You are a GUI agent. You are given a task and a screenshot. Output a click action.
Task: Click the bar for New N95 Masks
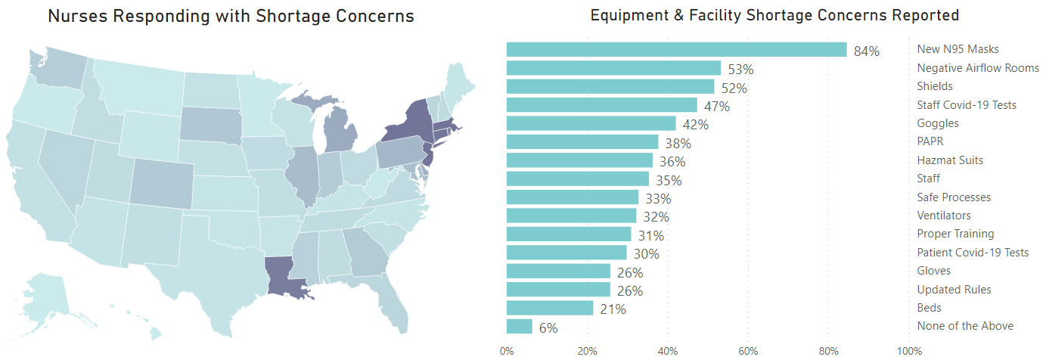coord(676,49)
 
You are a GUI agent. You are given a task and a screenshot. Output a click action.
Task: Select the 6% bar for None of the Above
coord(520,326)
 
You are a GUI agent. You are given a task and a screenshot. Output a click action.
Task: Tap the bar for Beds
coord(550,308)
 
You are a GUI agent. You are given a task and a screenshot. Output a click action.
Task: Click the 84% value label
coord(866,51)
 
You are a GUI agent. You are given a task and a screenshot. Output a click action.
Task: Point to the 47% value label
coord(717,107)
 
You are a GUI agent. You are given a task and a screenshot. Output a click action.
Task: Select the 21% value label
coord(613,309)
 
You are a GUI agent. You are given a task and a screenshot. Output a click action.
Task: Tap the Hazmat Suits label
coord(950,160)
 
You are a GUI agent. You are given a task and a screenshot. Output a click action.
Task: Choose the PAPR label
coord(930,141)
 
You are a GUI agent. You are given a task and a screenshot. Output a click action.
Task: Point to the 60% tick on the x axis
coord(748,351)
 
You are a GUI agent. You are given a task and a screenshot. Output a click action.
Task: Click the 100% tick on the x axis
coord(908,351)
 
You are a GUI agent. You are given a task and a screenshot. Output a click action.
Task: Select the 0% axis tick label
coord(507,351)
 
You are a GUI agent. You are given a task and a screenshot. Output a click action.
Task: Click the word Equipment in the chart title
coord(631,15)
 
